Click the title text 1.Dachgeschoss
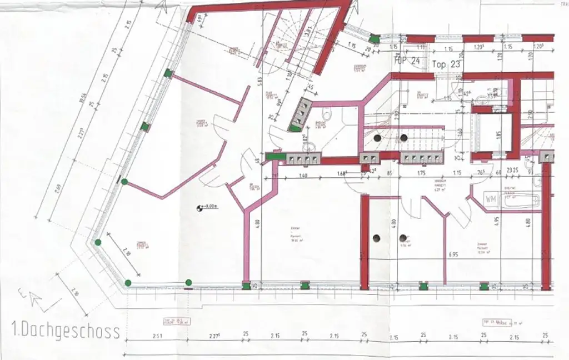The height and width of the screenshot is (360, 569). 66,332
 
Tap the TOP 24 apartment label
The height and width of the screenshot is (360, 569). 406,62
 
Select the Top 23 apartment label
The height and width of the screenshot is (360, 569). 447,64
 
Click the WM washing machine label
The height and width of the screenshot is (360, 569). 491,198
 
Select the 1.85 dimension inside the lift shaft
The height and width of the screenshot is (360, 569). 500,134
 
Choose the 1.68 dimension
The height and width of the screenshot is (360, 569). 342,173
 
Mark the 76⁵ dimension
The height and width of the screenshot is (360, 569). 481,172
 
